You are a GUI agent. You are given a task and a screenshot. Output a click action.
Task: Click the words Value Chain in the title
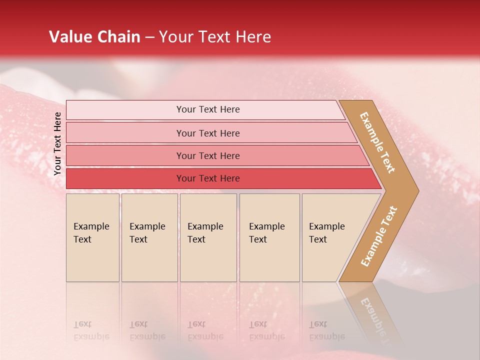[94, 37]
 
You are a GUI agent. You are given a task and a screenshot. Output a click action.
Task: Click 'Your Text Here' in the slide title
[215, 37]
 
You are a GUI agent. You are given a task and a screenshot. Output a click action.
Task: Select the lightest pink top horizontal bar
[205, 109]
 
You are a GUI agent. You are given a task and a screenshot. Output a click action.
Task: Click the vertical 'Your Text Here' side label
[57, 143]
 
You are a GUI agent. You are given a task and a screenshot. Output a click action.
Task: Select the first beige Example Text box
[92, 237]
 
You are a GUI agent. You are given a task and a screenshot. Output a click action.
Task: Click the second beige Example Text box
[149, 237]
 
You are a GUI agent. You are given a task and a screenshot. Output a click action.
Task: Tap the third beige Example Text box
[208, 237]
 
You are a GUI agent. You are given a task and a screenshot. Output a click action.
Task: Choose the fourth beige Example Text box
[269, 237]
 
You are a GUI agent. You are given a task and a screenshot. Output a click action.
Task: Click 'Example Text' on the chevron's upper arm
[378, 142]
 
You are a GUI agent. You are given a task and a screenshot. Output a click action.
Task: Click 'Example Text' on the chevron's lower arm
[379, 236]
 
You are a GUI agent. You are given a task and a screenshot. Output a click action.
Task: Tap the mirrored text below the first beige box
[91, 330]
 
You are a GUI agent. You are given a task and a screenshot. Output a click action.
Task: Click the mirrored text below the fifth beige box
[326, 330]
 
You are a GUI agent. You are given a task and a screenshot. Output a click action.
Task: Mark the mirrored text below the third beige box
[205, 330]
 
